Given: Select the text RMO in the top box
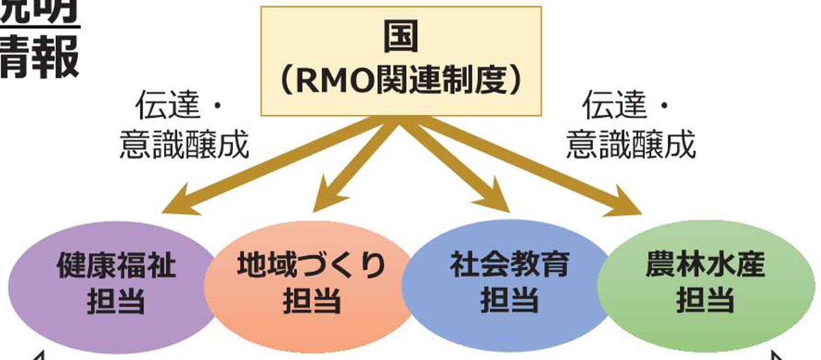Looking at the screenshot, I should tap(334, 81).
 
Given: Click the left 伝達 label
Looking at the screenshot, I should tap(168, 105).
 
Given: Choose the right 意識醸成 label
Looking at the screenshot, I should tap(631, 145).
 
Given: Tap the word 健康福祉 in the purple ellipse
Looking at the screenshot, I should tap(116, 266).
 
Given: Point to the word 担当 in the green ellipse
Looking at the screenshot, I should tap(705, 301).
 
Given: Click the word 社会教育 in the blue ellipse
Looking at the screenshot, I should tap(509, 265).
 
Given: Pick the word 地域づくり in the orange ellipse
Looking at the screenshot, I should tap(311, 265).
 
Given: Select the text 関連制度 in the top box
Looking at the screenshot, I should tap(441, 81).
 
